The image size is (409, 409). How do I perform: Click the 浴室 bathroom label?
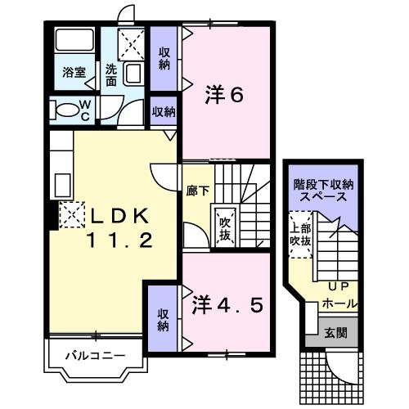[74, 72]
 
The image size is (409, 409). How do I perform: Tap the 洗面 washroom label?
[111, 76]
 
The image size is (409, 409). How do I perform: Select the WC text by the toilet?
[84, 109]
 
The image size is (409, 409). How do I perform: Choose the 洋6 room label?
[224, 96]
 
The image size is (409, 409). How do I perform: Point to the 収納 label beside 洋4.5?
[164, 319]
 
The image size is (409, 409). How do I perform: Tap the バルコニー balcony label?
[96, 356]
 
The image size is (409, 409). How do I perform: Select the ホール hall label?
[339, 303]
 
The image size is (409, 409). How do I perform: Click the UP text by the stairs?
[337, 287]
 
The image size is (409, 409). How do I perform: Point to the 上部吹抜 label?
[300, 236]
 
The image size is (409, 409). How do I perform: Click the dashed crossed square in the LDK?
[71, 216]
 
